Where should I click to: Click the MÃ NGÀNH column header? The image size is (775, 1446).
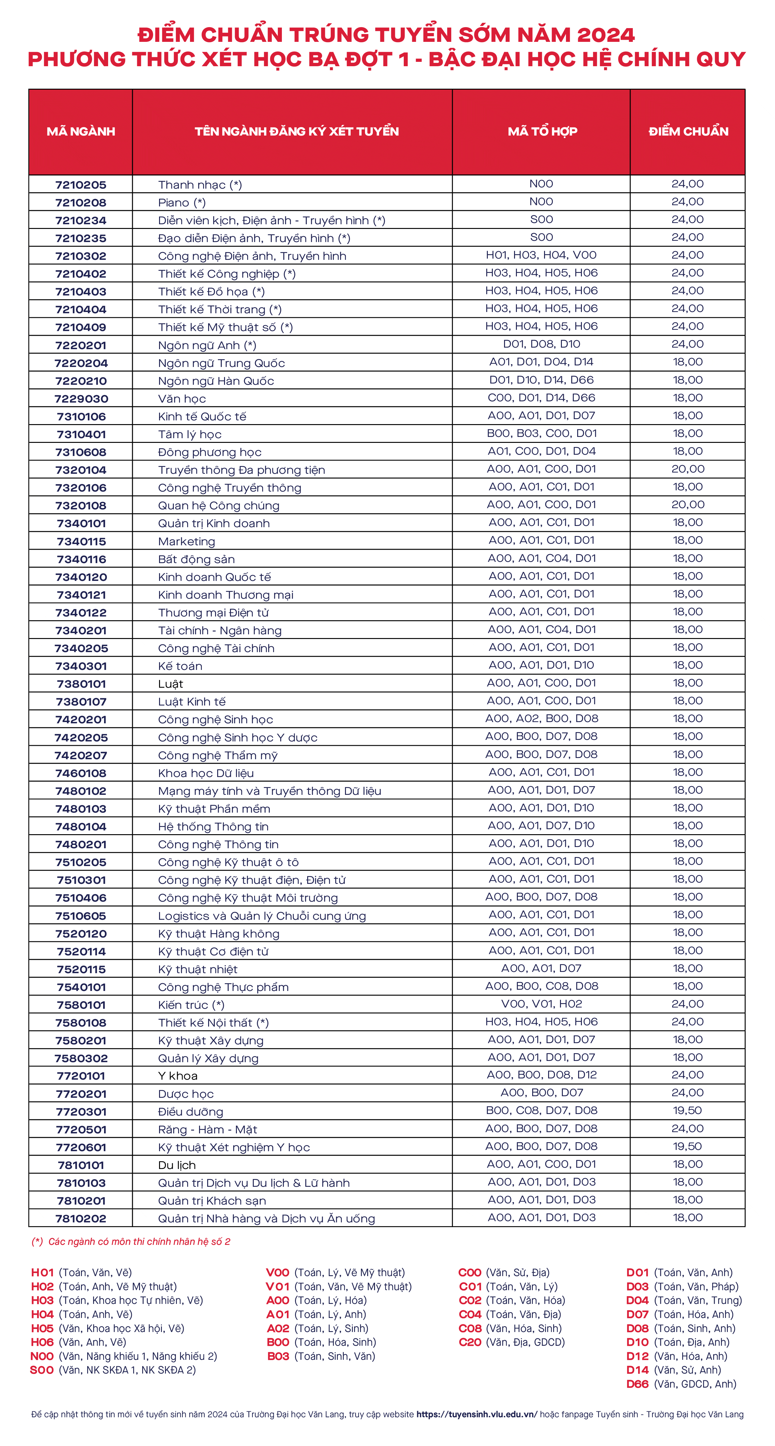[81, 131]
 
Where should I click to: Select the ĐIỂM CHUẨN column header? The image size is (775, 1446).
[688, 131]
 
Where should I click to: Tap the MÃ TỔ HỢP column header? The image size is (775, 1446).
[542, 131]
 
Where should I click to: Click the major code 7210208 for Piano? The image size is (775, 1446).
[81, 203]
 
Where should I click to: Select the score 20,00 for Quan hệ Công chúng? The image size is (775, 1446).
[687, 505]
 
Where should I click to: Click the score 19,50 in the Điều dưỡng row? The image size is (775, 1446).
[687, 1110]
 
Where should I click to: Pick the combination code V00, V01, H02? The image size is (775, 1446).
[541, 1004]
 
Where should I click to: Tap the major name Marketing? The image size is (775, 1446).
[187, 542]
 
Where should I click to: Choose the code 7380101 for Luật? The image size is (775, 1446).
[81, 684]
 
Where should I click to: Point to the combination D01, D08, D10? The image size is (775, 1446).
[541, 344]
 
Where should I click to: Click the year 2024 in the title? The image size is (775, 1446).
[605, 35]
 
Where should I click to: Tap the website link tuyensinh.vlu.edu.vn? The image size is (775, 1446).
[476, 1414]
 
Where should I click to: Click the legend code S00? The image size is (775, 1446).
[42, 1370]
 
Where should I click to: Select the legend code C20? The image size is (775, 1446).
[470, 1342]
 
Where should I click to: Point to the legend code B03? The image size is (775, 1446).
[278, 1356]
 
